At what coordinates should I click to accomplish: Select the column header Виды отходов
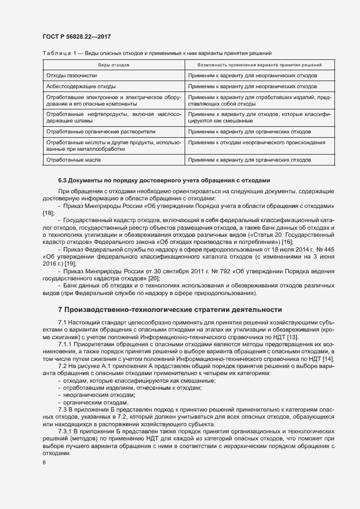pos(113,65)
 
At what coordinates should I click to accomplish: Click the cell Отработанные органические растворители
pos(101,132)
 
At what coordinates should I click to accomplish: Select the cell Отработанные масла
pos(74,160)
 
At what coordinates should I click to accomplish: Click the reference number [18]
pos(48,213)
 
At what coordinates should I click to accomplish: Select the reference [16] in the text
pos(287,241)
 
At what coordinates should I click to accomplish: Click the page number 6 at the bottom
pos(45,463)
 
